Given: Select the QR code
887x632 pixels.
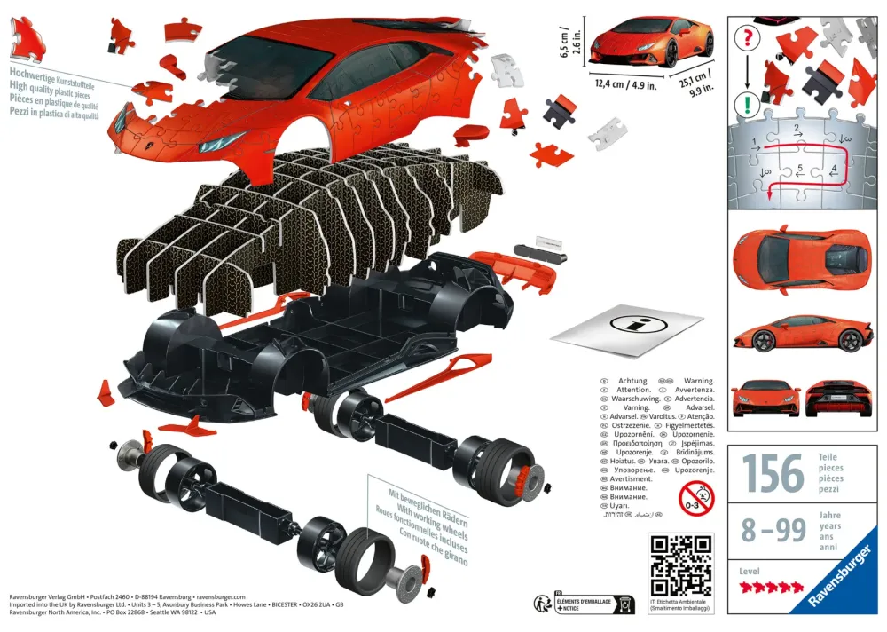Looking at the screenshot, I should click(x=680, y=565).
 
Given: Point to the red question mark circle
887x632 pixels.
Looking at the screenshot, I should click(x=749, y=38).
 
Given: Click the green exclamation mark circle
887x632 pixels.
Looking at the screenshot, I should click(x=749, y=104).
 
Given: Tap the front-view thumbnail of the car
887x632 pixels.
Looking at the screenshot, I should click(x=766, y=399).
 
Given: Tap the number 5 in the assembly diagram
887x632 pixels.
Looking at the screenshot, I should click(x=800, y=167).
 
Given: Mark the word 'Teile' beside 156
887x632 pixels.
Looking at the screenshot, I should click(x=831, y=457).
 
